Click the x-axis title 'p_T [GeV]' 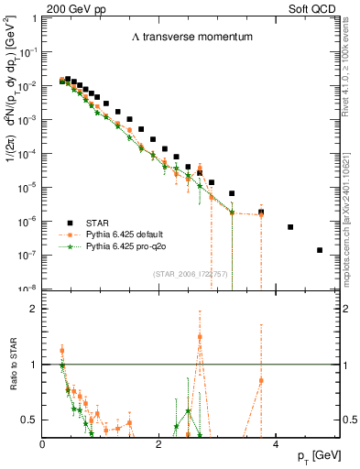[322, 455]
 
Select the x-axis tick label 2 [159, 444]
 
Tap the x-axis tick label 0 [43, 444]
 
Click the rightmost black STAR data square [320, 250]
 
